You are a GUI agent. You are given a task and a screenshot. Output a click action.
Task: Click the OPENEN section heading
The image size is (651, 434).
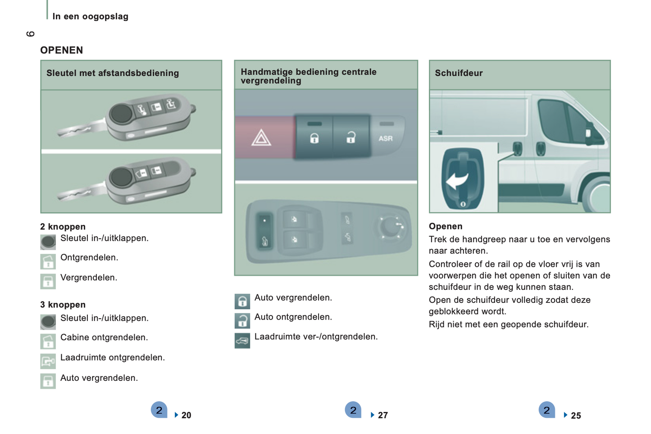(61, 50)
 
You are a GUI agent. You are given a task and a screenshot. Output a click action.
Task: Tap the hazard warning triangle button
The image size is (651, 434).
(261, 137)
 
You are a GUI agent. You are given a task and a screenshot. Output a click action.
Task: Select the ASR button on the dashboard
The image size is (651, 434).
(385, 138)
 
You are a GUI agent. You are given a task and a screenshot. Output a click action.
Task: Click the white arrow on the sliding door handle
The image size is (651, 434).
(457, 180)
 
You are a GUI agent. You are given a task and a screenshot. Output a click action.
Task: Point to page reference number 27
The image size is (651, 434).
(382, 415)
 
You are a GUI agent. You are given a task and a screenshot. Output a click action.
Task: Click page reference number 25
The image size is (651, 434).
(575, 416)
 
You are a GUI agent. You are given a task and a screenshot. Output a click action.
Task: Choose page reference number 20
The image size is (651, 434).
(186, 415)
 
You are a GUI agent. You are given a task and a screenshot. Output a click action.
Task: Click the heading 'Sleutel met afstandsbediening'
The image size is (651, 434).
(113, 73)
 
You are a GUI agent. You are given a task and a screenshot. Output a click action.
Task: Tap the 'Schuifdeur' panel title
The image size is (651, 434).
(459, 73)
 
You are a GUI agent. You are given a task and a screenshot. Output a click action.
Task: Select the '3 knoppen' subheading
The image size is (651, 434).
(63, 305)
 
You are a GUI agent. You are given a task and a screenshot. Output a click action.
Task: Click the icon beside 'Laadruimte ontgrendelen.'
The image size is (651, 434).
(48, 361)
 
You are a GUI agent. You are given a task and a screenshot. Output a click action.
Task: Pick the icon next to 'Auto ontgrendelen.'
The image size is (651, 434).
(242, 320)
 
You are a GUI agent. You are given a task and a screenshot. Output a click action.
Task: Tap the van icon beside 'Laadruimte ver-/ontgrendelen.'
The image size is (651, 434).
(242, 340)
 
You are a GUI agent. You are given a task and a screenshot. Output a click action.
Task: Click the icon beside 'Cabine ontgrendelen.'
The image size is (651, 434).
(48, 341)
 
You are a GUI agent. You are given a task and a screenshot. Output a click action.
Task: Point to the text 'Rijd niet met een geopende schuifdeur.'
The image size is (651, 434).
(508, 324)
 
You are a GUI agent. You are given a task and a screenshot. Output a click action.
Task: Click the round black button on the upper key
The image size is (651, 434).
(121, 114)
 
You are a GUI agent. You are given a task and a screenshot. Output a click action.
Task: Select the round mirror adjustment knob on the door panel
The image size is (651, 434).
(390, 227)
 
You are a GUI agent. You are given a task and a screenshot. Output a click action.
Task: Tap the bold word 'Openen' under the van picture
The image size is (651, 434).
(445, 226)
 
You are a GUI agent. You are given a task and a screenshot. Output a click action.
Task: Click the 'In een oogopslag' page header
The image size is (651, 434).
(90, 17)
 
